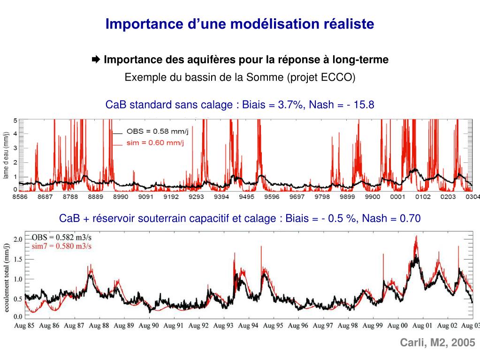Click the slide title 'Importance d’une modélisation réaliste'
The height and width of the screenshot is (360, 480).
click(240, 24)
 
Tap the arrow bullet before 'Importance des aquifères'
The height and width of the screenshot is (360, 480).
click(96, 60)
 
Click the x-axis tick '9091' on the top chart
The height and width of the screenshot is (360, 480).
click(145, 197)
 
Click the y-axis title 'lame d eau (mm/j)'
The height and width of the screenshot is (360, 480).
click(6, 155)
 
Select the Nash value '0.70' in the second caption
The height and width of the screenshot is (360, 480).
click(410, 218)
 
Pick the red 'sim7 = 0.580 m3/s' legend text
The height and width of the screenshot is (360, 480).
click(61, 246)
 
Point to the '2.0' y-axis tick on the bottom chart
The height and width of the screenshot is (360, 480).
click(17, 239)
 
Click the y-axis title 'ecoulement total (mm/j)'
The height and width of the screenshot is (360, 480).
click(7, 277)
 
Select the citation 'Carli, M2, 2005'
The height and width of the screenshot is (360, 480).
click(437, 343)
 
